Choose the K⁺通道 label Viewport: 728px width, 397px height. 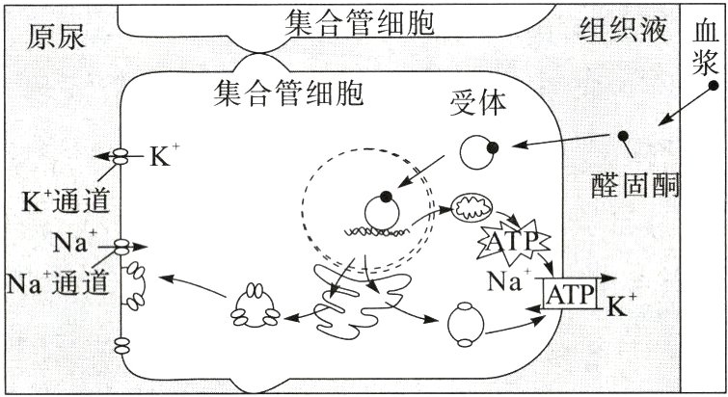tap(65, 201)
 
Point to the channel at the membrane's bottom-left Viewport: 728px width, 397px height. tap(122, 344)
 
